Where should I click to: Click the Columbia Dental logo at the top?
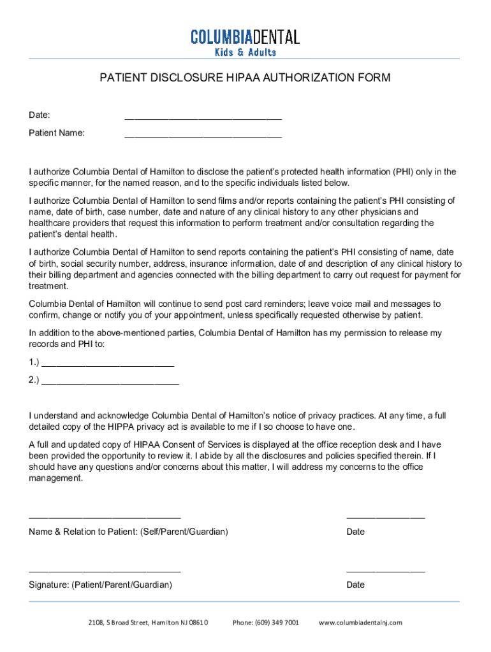point(245,37)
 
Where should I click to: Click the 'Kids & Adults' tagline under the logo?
point(245,52)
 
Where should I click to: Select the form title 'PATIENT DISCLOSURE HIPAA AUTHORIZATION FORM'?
point(245,78)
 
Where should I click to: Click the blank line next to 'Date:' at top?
point(203,117)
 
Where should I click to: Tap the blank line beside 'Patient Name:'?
point(203,134)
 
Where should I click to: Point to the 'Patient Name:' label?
point(57,133)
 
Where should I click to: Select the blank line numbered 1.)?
point(107,364)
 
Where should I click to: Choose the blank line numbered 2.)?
point(110,382)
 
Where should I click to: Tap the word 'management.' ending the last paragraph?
point(56,478)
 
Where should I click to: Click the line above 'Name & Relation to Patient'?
point(105,516)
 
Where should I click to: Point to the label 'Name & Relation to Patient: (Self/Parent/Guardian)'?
point(128,532)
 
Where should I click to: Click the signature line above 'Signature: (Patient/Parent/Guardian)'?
point(105,570)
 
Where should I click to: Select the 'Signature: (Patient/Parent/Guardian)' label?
point(100,585)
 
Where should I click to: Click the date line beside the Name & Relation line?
point(385,516)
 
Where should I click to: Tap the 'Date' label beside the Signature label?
point(356,585)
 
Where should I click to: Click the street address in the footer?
point(148,622)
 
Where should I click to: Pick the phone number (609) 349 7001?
point(266,622)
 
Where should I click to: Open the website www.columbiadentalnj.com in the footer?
point(360,622)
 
